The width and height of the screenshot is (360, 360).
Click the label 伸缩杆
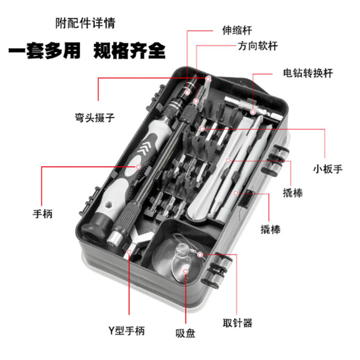(x=237, y=31)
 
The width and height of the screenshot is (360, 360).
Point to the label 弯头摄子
(x=95, y=118)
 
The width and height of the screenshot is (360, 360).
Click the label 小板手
(x=328, y=169)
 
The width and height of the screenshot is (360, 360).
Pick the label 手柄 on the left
(x=43, y=214)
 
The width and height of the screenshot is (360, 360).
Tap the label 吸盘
(x=185, y=333)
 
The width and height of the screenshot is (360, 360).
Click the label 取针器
(x=237, y=323)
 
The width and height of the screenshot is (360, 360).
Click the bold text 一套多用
(x=44, y=50)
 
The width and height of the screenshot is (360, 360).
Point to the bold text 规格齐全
(x=129, y=50)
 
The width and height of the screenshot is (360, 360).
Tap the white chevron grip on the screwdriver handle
(x=148, y=147)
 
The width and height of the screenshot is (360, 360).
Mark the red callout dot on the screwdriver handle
(x=138, y=166)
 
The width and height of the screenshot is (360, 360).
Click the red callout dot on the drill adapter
(x=253, y=112)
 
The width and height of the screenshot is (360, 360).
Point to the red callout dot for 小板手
(x=202, y=129)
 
